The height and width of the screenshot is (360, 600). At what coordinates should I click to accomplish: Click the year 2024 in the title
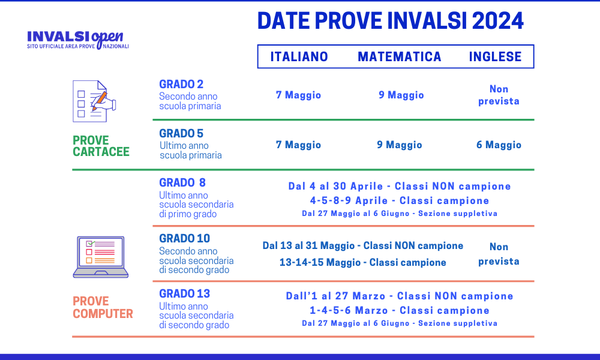(x=497, y=20)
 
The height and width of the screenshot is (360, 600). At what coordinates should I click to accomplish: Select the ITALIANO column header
(x=299, y=56)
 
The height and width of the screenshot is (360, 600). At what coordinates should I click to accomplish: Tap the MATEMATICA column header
(x=400, y=56)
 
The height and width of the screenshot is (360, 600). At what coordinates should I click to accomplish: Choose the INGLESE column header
(x=495, y=56)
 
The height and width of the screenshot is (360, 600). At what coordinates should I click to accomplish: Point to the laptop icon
(x=100, y=257)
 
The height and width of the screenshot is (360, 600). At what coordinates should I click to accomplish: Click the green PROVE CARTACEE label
(x=101, y=146)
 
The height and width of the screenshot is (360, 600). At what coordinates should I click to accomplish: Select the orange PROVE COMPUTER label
(x=103, y=307)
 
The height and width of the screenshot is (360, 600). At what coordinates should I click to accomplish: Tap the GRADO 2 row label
(x=181, y=84)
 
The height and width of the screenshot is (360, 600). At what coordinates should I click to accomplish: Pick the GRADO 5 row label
(x=181, y=133)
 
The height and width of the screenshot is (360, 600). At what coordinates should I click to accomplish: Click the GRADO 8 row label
(x=182, y=182)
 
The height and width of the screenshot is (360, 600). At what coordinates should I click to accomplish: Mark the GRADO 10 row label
(x=184, y=238)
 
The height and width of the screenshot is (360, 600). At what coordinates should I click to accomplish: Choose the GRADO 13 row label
(x=184, y=293)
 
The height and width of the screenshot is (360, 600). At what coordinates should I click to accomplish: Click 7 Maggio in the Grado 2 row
(x=298, y=95)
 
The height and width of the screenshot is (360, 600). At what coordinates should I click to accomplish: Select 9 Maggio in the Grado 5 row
(x=400, y=145)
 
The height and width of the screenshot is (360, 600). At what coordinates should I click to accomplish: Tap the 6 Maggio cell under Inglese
(x=499, y=145)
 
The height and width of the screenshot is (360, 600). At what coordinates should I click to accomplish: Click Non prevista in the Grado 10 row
(x=499, y=254)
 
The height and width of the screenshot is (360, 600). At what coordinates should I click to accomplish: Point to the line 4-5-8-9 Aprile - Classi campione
(x=399, y=200)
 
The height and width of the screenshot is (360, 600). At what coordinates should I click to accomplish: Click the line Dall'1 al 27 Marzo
(x=399, y=296)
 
